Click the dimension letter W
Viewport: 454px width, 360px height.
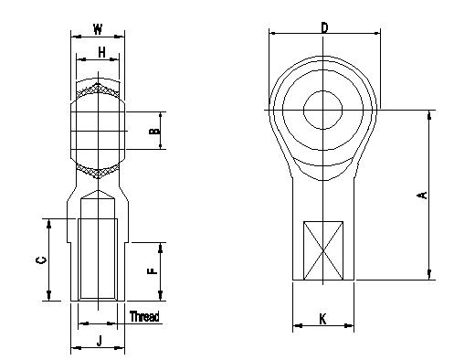tap(96, 28)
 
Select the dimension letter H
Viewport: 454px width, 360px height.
tap(100, 53)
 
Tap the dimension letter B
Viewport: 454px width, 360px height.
tap(155, 132)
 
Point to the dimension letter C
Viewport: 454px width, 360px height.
tap(38, 260)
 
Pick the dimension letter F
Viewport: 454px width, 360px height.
tap(153, 270)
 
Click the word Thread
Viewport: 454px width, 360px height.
tap(144, 317)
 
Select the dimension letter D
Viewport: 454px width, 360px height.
tap(324, 27)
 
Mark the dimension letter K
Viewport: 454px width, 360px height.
tap(323, 318)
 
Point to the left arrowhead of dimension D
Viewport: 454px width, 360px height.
tap(271, 34)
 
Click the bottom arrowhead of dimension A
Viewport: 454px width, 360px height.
tap(429, 276)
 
